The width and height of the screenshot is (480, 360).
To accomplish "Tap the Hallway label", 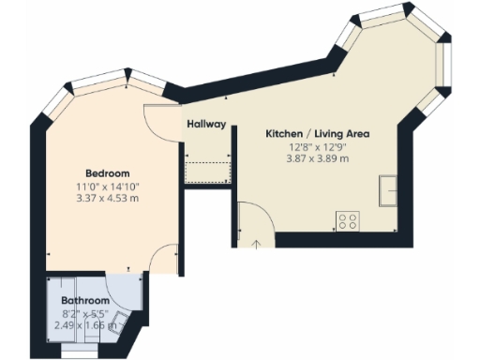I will [206, 124].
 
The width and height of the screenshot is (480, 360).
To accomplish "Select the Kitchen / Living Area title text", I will [317, 134].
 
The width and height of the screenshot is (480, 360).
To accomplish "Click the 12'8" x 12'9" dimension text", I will [317, 146].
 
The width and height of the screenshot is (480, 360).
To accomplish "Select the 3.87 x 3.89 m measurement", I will [317, 158].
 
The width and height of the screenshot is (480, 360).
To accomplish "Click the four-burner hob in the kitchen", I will [348, 222].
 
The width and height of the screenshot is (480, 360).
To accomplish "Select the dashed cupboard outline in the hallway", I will [208, 172].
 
